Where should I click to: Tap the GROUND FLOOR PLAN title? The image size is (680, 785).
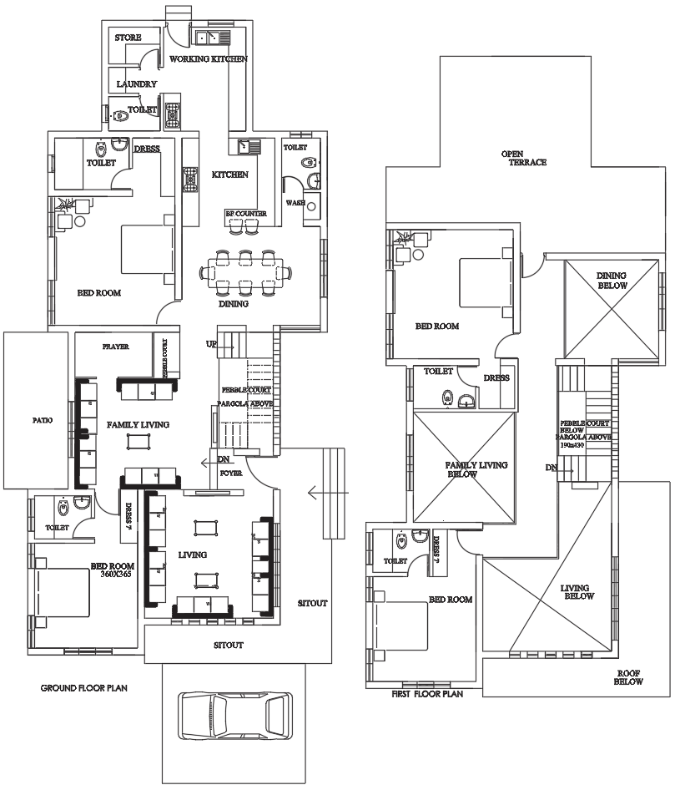(84, 689)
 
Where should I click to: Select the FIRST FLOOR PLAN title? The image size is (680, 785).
(426, 693)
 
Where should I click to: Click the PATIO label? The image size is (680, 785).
(42, 420)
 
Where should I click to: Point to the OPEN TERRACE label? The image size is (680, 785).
(524, 158)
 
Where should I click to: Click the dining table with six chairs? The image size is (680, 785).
(246, 271)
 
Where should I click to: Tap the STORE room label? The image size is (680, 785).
(128, 38)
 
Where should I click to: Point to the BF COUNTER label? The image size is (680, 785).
(246, 214)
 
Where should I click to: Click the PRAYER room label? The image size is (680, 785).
(115, 347)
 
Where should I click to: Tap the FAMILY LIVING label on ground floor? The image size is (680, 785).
(138, 425)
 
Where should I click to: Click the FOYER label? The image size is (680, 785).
(231, 472)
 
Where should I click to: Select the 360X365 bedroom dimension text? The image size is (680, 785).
(118, 575)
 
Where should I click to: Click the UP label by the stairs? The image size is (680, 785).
(212, 344)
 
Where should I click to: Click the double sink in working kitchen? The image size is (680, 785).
(209, 37)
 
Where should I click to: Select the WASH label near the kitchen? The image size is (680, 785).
(295, 203)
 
